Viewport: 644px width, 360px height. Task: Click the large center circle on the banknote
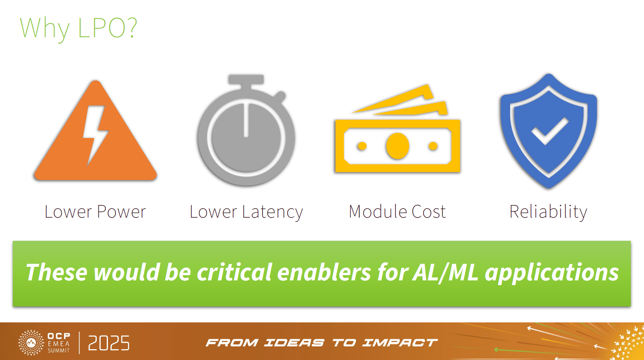[397, 146]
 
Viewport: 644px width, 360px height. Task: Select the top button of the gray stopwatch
[246, 79]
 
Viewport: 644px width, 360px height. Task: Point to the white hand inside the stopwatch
[246, 120]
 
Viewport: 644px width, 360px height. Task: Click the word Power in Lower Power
[121, 212]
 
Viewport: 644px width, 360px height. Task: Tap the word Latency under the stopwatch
[272, 212]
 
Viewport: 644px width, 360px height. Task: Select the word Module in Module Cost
[377, 212]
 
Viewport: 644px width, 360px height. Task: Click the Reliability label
[548, 212]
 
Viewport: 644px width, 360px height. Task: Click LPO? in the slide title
[108, 28]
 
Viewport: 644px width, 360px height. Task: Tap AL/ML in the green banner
[445, 273]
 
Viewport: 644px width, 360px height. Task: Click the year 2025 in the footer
[109, 343]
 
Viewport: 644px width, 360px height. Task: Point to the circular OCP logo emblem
[31, 343]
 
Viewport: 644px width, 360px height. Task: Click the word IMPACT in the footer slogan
[400, 343]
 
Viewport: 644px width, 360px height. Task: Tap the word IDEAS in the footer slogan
[294, 343]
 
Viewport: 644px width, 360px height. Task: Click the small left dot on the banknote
[362, 146]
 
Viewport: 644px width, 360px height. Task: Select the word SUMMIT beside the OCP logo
[59, 351]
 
